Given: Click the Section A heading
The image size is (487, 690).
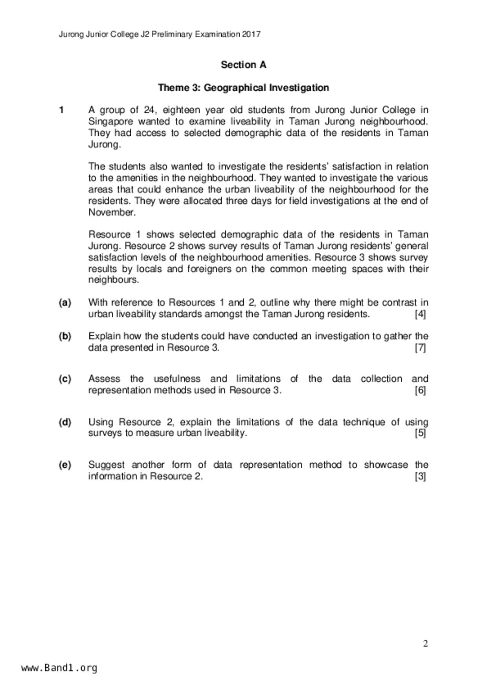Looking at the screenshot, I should tap(243, 65).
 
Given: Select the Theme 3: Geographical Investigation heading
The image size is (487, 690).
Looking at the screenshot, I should tap(243, 87).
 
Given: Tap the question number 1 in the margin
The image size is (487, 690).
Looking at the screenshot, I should tap(61, 110).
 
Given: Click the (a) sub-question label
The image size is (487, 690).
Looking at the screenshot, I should tap(65, 303).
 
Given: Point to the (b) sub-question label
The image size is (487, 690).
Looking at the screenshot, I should tap(65, 336).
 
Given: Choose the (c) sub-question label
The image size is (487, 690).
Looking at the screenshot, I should tap(65, 379).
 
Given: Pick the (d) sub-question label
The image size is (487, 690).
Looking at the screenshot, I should tap(65, 422).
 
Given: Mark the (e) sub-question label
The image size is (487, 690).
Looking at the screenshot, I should tap(65, 465).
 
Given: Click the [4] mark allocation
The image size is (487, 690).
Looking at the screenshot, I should tap(420, 314).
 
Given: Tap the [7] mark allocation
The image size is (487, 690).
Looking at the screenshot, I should tap(420, 348).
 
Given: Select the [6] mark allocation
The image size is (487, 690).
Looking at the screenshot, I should tap(420, 391).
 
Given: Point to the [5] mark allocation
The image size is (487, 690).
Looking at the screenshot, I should tap(420, 433).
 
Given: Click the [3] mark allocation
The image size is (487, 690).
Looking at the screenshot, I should tap(420, 476).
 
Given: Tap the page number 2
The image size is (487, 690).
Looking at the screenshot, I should tap(425, 644).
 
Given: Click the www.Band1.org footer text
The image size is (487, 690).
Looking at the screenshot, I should tap(59, 668).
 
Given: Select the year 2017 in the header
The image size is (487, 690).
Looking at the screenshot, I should tap(251, 34).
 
